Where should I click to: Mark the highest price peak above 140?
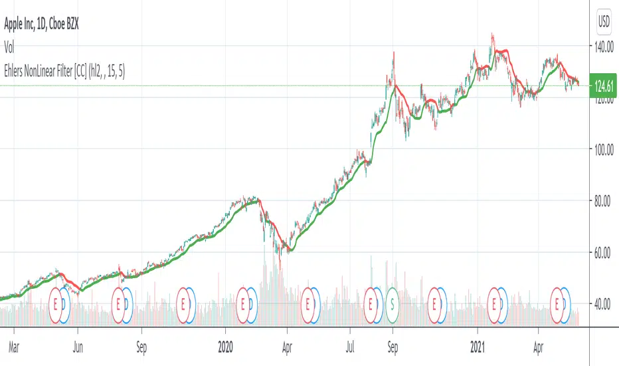click(492, 33)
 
